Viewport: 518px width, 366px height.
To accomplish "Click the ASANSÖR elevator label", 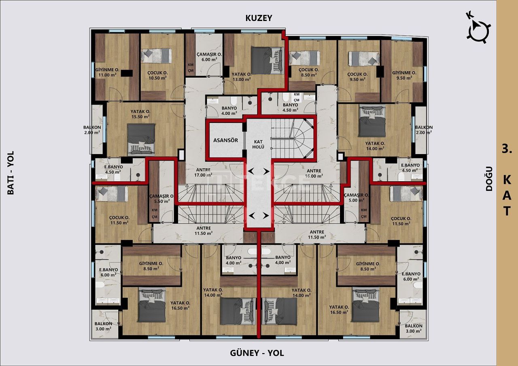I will (x=226, y=140).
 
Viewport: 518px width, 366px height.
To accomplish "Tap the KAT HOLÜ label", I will (x=259, y=144).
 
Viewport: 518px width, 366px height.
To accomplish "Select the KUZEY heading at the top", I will (x=259, y=18).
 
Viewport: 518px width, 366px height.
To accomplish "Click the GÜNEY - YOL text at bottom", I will (x=257, y=353).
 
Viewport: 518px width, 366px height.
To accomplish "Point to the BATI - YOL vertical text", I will (x=11, y=173).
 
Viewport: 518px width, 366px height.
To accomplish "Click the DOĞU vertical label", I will (x=489, y=178).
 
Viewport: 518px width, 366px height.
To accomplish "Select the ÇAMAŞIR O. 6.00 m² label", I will (x=209, y=57).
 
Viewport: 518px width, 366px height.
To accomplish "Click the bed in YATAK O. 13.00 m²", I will (x=266, y=60).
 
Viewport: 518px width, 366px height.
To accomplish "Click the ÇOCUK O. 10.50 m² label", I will (x=157, y=75).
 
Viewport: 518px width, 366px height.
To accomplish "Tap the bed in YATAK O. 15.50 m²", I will (x=141, y=139).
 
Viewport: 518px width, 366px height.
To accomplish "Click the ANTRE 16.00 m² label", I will (x=314, y=173).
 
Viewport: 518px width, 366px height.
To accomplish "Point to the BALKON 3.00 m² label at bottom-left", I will (x=104, y=326).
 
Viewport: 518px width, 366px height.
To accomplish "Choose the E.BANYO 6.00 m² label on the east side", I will (x=411, y=276).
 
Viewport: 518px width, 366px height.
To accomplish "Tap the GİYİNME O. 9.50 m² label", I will (x=404, y=76).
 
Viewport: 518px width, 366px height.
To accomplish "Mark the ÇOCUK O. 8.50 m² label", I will (x=309, y=72).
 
